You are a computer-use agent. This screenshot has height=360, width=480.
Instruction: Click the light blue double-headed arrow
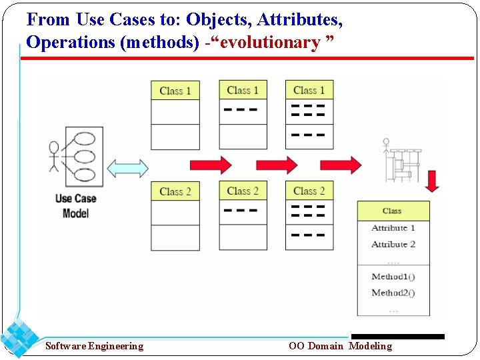pos(127,168)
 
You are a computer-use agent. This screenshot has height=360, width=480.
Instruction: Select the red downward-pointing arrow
pos(432,181)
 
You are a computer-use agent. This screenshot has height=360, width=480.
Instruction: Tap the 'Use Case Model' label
pos(76,205)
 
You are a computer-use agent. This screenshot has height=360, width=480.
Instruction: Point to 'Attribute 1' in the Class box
pos(393,228)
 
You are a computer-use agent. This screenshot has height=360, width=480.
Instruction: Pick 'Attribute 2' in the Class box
pos(393,244)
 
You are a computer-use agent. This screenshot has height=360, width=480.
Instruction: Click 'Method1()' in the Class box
pos(393,277)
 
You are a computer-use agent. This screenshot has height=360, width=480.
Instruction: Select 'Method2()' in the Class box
pos(393,293)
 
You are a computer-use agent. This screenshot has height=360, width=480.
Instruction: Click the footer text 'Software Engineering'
pos(94,346)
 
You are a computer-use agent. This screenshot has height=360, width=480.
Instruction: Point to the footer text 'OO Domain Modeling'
pos(341,346)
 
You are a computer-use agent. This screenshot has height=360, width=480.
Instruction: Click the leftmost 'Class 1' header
pos(175,91)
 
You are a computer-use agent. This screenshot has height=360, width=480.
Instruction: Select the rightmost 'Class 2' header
pos(309,191)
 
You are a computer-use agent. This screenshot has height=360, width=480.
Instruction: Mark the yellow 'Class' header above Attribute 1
pos(393,211)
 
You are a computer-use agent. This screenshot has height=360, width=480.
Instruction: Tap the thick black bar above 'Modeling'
pos(398,337)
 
